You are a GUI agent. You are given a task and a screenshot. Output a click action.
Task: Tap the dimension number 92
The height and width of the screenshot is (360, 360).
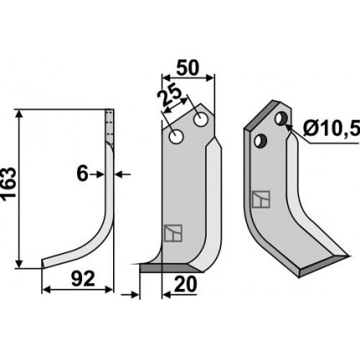point(83,279)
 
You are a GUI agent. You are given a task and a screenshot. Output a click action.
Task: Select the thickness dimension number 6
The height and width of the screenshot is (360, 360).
point(82,174)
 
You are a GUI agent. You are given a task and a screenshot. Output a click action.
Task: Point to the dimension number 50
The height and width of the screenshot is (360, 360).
point(188,69)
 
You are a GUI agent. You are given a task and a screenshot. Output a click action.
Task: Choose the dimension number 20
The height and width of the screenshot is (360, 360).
point(185,285)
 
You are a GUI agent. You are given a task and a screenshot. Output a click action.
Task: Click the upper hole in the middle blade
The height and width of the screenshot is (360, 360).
point(201,120)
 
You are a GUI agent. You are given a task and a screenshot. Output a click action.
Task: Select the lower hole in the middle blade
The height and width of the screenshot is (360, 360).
point(176,137)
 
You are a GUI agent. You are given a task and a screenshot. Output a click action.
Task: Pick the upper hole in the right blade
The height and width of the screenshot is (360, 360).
point(280,118)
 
